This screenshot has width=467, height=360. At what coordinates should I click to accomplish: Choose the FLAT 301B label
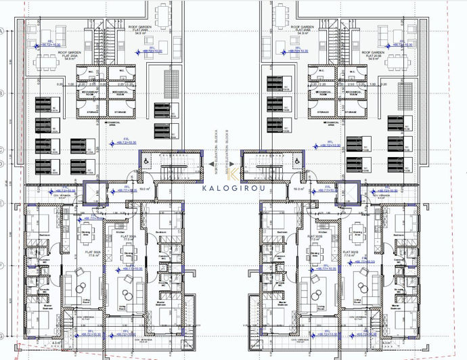tap(315, 238)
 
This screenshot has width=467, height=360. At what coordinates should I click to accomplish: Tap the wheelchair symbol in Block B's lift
tap(295, 161)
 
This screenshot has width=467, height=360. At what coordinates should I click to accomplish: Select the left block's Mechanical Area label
tap(112, 124)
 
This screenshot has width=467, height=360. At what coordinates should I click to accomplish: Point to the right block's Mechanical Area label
tap(330, 124)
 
